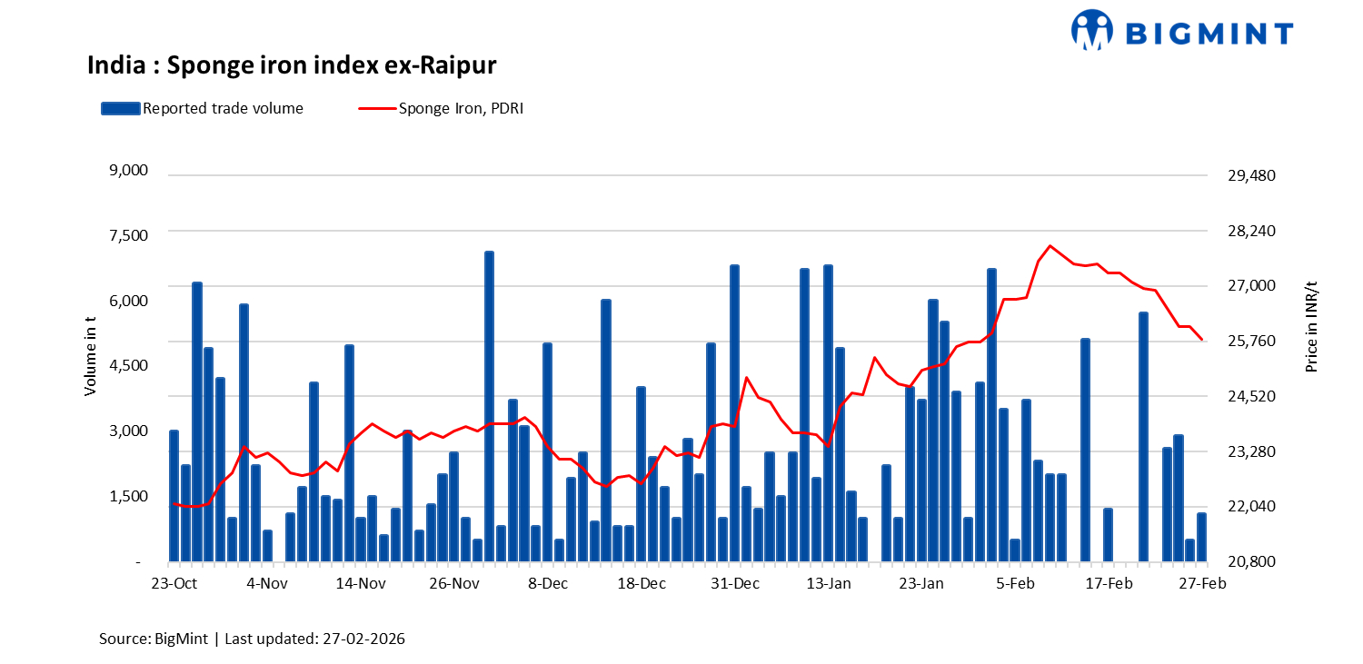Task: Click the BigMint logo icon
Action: click(x=1091, y=30)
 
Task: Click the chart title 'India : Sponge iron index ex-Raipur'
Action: click(x=292, y=65)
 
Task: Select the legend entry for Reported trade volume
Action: click(x=202, y=108)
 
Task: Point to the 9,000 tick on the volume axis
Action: click(x=127, y=171)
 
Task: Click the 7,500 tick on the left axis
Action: click(x=127, y=235)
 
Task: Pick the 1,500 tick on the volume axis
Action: click(x=127, y=496)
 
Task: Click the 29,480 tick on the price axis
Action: click(x=1251, y=175)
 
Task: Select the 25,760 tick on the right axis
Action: click(x=1251, y=342)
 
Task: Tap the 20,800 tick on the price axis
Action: click(x=1251, y=562)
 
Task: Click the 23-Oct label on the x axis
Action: click(x=174, y=583)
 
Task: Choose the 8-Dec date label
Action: click(x=548, y=583)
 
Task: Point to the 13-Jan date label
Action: click(x=828, y=583)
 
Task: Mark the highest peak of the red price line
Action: click(x=1050, y=245)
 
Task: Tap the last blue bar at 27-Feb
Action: click(x=1201, y=538)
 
